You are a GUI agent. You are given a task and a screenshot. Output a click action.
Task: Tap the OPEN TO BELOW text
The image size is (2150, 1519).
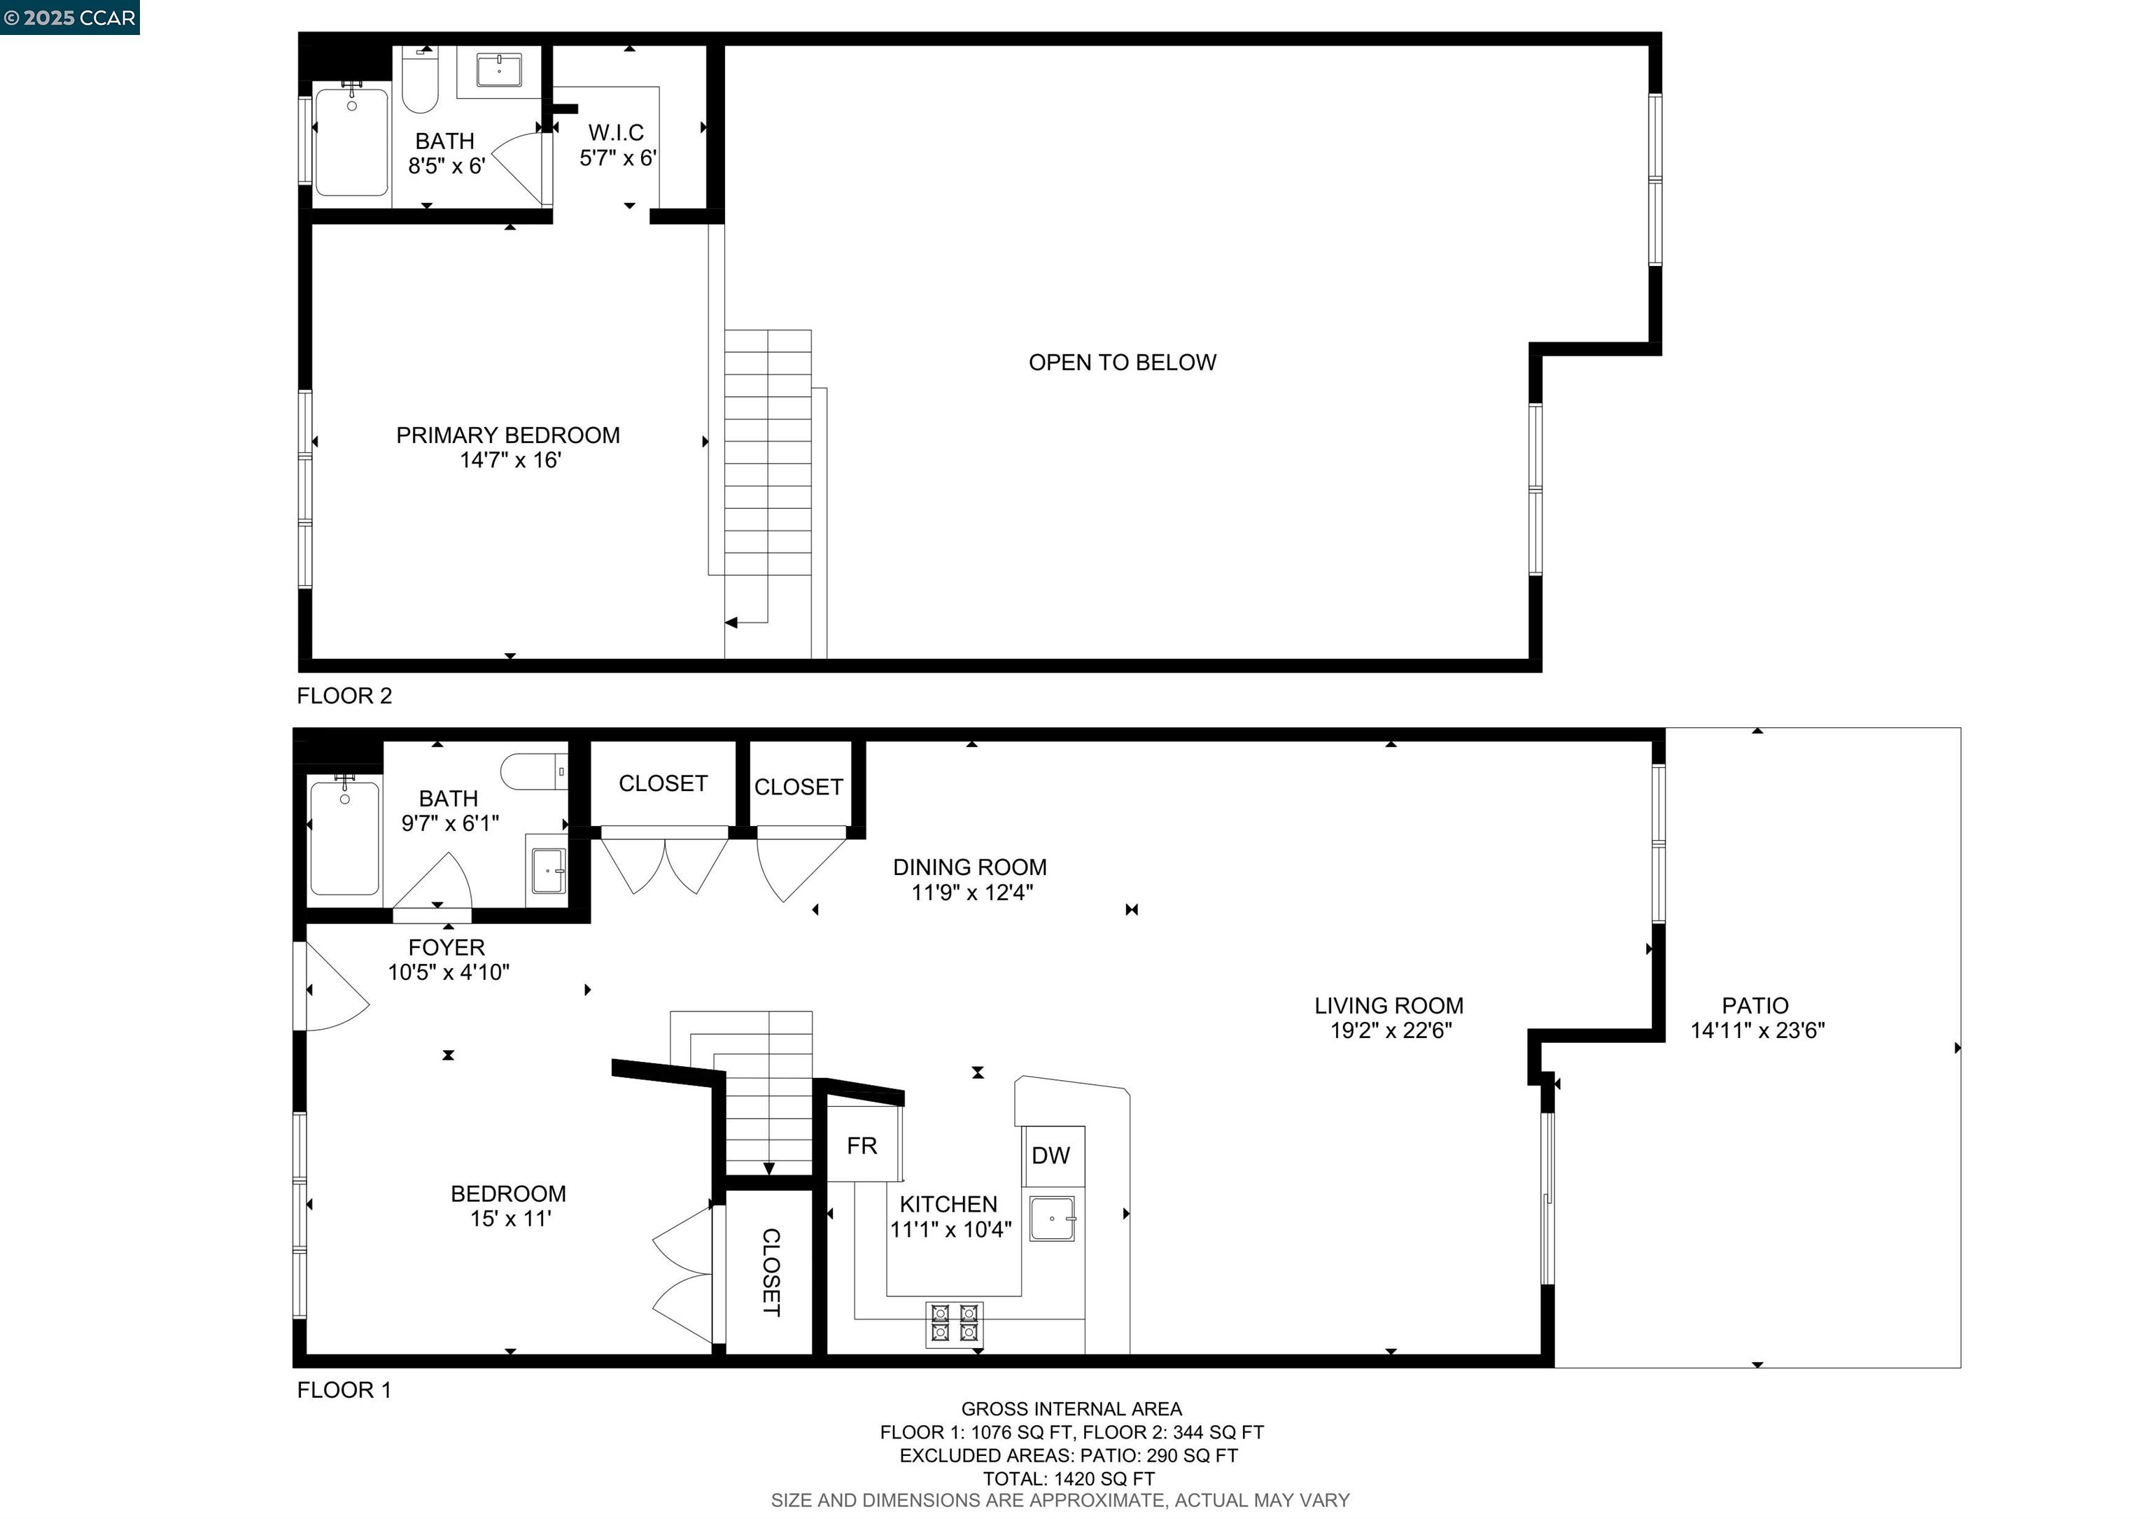pos(1122,363)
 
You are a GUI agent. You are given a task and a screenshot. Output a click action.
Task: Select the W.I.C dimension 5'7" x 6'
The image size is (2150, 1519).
pos(617,158)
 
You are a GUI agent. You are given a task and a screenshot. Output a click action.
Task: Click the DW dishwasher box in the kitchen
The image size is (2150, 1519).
pos(1051,1156)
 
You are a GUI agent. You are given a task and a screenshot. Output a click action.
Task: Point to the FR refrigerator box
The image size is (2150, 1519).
pos(862,1145)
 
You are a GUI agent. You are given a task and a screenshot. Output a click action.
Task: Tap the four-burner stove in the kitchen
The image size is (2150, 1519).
pos(954,1324)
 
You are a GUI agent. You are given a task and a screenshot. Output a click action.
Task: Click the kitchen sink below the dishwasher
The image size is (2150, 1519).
pos(1052,1219)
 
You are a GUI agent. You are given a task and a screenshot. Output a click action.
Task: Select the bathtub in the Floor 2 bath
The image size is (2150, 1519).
pos(351,142)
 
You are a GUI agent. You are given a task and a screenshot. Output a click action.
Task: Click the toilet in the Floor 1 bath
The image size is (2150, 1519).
pos(532,771)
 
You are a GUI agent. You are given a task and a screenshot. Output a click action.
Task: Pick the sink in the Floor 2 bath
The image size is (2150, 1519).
pos(499,69)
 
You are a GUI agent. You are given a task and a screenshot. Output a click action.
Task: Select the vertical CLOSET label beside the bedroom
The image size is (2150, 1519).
pos(770,1273)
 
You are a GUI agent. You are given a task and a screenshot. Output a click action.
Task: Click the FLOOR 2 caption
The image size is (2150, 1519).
pos(344,696)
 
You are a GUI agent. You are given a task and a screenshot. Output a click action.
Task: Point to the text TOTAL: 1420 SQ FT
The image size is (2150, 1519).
pos(1069,1478)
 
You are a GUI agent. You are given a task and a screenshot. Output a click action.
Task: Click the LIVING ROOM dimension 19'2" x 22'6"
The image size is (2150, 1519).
pos(1391,1031)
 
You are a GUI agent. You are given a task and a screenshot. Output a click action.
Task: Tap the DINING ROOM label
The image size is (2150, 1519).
pos(969,867)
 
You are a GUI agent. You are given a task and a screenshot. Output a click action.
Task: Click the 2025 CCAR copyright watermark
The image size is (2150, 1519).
pos(70,17)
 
